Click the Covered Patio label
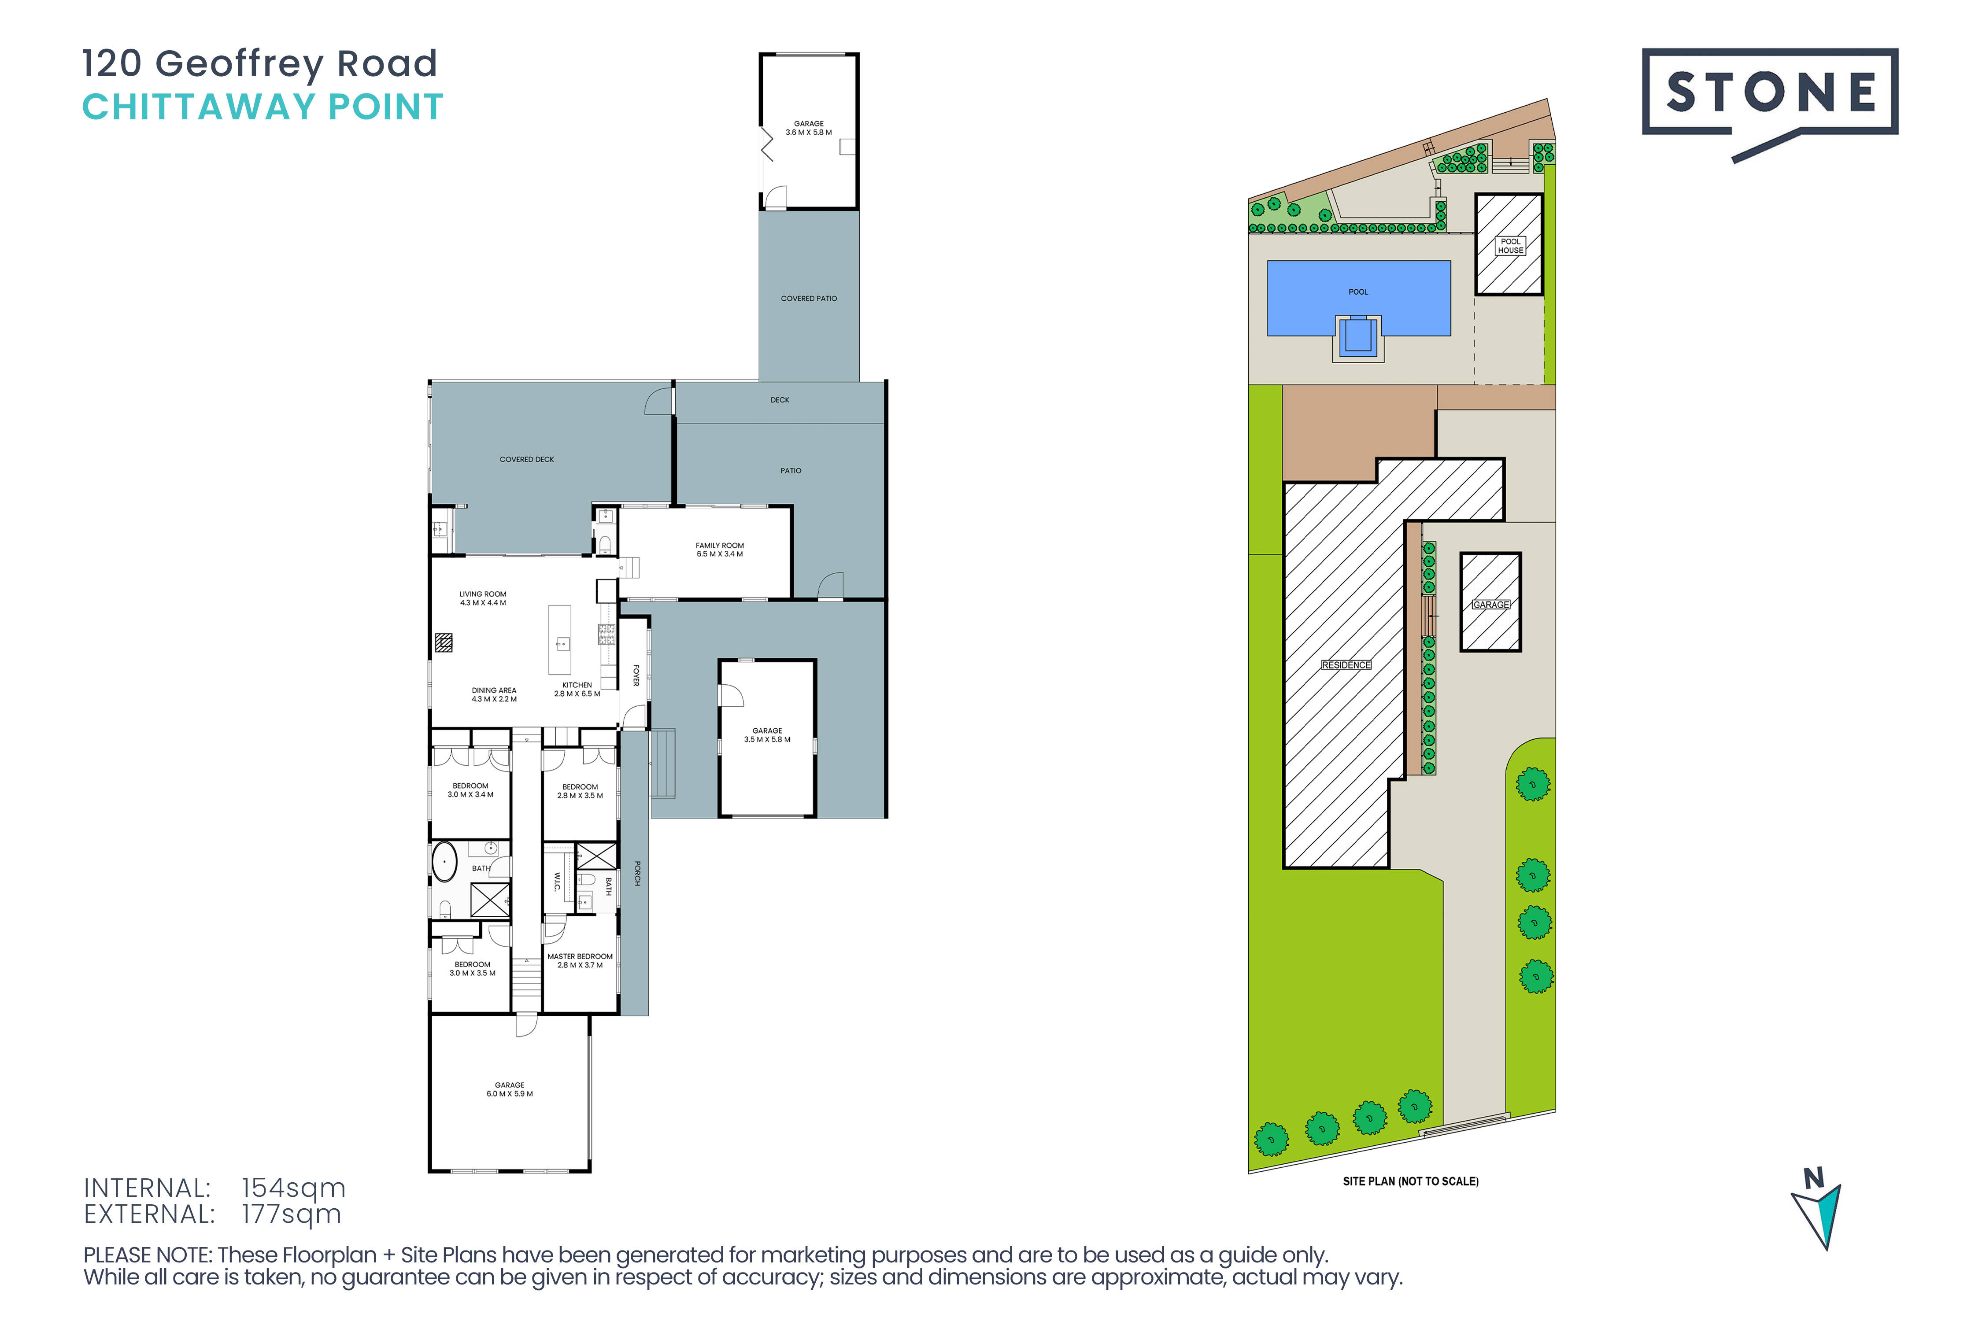(809, 298)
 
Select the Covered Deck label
(527, 459)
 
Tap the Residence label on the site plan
(1346, 665)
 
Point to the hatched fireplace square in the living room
(443, 643)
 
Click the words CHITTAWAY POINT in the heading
(262, 107)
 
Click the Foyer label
(636, 675)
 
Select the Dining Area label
(494, 695)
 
